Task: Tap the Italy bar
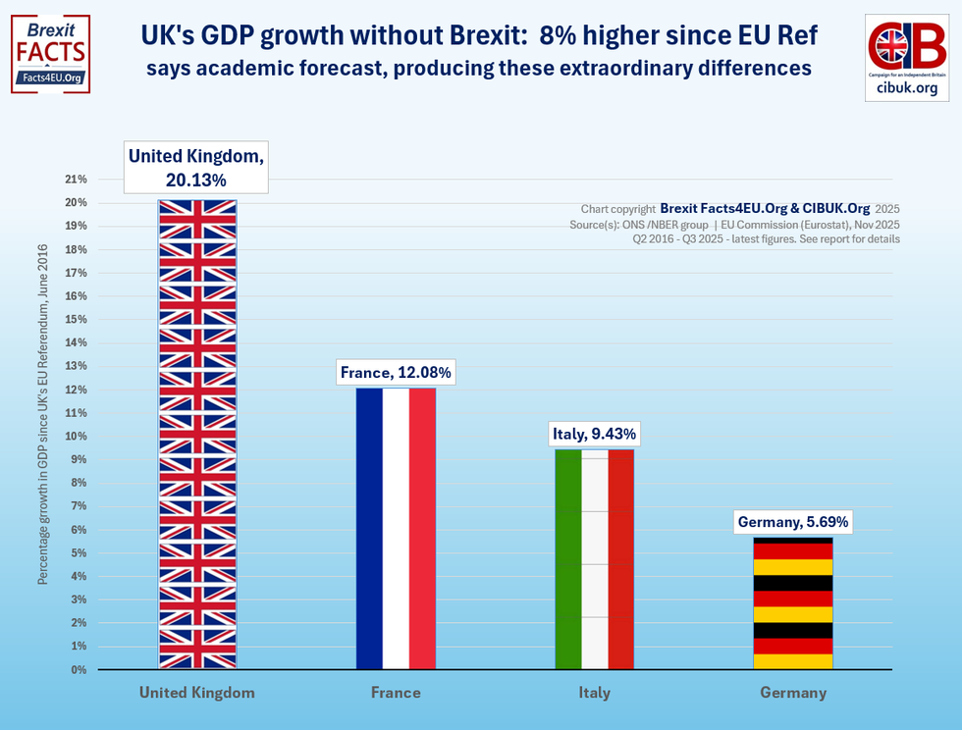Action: coord(594,559)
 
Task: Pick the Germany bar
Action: coord(792,603)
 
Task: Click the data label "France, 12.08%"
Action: coord(396,373)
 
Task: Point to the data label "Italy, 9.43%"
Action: coord(594,434)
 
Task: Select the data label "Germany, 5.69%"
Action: coord(792,522)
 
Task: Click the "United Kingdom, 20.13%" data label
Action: coord(197,168)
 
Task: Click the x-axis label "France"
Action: coord(396,693)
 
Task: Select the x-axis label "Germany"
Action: coord(793,693)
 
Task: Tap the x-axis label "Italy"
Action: coord(594,693)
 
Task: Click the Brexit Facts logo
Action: coord(50,54)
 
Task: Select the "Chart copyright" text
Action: coord(617,209)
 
